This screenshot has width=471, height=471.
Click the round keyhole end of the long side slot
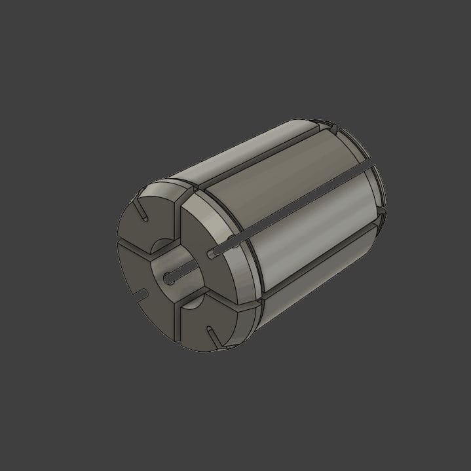point(210,252)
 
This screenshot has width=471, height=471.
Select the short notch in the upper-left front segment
point(142,212)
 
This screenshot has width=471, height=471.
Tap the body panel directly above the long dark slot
point(275,177)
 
